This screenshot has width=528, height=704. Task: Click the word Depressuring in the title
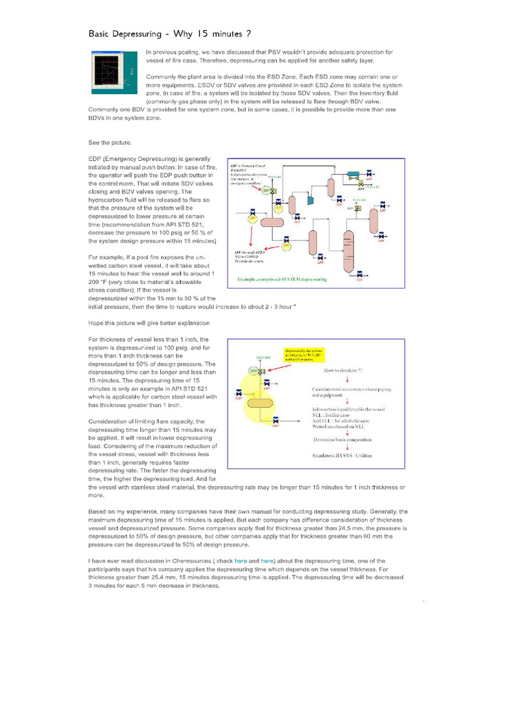151,33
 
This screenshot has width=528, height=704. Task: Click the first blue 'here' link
240,561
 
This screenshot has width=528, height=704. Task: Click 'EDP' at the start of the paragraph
96,159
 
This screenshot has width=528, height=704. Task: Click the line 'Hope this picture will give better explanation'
149,322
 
